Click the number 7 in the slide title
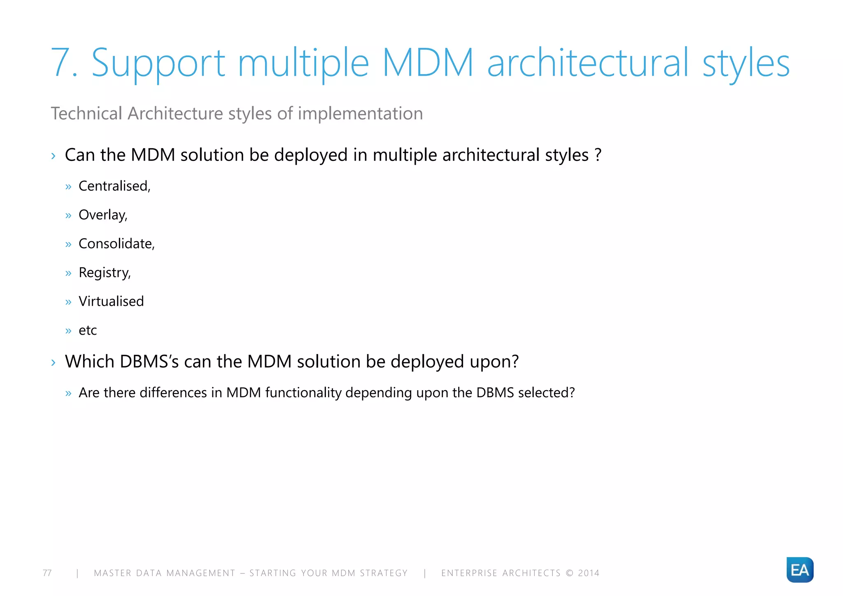point(62,63)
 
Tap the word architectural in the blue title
point(587,63)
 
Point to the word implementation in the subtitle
point(360,114)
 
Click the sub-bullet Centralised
point(114,186)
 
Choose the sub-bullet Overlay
point(103,215)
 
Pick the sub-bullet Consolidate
point(116,244)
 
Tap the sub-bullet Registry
point(105,272)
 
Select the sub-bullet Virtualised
point(111,301)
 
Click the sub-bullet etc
point(88,330)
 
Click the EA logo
point(800,570)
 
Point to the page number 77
point(47,573)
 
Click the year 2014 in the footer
point(589,573)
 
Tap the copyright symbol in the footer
point(570,573)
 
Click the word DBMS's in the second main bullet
point(149,361)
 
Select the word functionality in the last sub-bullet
point(303,393)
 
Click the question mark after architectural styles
point(598,155)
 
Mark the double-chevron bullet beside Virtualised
point(68,302)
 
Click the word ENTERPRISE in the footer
point(469,573)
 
